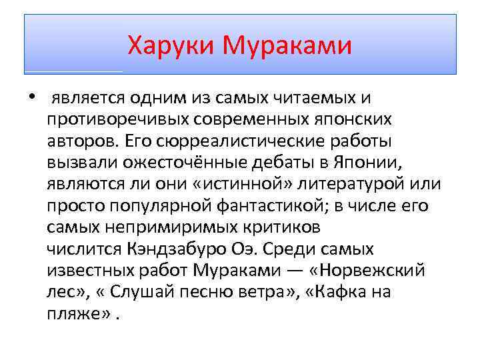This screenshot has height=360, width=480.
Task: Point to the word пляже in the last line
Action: point(79,314)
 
